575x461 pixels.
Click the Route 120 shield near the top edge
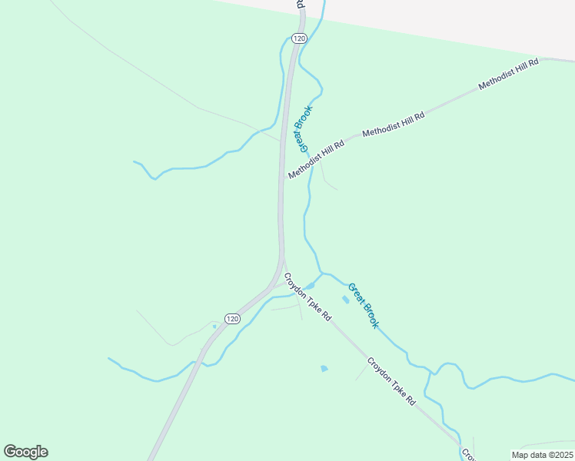click(x=300, y=38)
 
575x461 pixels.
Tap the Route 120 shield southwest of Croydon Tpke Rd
click(x=233, y=318)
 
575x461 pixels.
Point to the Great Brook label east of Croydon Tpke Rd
click(x=363, y=306)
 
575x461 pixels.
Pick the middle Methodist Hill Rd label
click(x=394, y=124)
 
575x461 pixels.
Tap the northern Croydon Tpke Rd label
click(x=307, y=297)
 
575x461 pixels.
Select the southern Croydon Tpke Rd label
click(x=391, y=380)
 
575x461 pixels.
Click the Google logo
click(x=25, y=452)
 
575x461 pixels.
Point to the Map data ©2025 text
click(x=541, y=455)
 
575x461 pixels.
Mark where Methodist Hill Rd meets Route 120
click(x=281, y=180)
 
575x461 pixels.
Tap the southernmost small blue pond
click(x=324, y=369)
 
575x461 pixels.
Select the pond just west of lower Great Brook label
click(x=344, y=299)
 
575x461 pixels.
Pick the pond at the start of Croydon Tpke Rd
click(x=309, y=287)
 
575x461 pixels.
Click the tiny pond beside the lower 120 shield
click(x=214, y=326)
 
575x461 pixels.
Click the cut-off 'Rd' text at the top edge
click(x=299, y=4)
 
